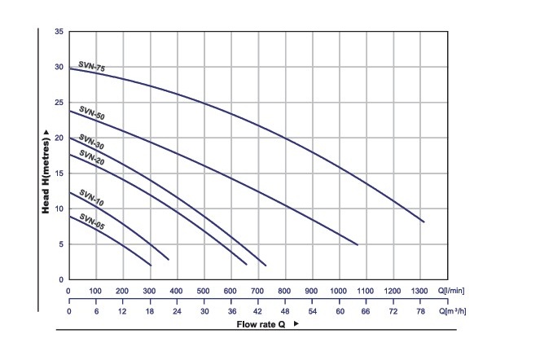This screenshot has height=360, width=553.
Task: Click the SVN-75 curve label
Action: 91,66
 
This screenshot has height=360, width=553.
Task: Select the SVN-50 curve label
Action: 91,115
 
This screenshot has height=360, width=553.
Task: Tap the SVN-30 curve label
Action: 91,144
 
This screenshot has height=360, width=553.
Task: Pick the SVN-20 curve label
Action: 91,157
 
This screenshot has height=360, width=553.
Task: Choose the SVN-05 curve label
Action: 92,220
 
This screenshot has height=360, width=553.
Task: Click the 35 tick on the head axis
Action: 59,32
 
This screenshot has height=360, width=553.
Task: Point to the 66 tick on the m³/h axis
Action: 366,311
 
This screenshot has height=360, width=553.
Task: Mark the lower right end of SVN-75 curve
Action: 424,222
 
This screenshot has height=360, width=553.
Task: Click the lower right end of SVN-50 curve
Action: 357,244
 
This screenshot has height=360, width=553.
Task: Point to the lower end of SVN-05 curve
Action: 151,266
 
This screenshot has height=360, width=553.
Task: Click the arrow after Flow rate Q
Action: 296,324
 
